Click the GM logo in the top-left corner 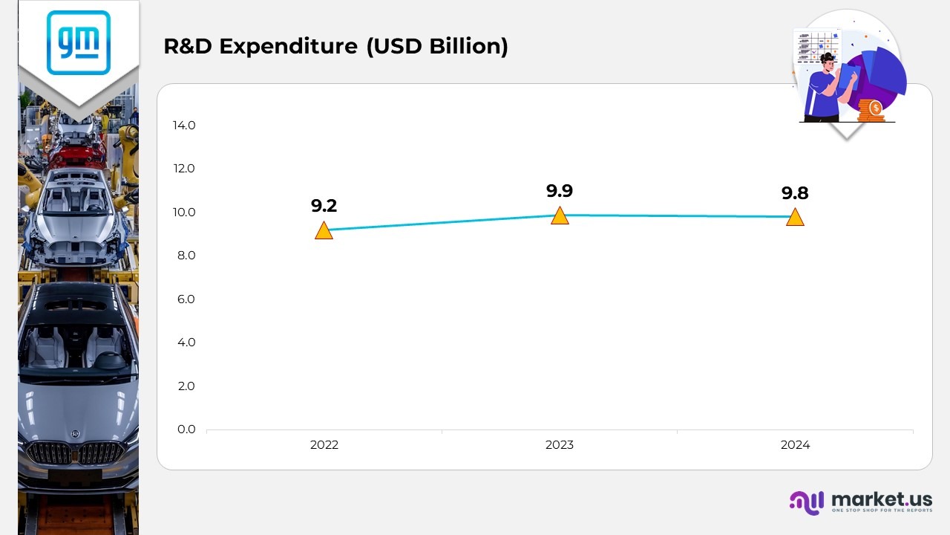[x=78, y=42]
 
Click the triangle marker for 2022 [x=324, y=231]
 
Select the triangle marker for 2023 [x=560, y=216]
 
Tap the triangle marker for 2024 [x=795, y=218]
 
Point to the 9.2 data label [x=324, y=206]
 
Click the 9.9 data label [x=560, y=191]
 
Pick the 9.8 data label [x=795, y=193]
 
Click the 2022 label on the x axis [x=324, y=445]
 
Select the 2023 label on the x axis [x=560, y=445]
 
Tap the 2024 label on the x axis [x=795, y=445]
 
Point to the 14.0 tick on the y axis [x=184, y=125]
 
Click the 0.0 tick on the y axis [x=186, y=429]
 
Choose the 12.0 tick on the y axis [x=184, y=169]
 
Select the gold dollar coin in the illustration [x=876, y=108]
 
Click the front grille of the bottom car [x=74, y=453]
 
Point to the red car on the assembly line [x=77, y=154]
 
